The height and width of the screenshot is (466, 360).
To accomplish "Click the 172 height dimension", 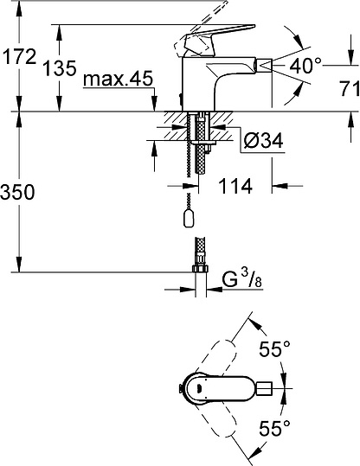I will [x=18, y=58].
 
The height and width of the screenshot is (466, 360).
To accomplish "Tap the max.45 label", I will [x=119, y=80].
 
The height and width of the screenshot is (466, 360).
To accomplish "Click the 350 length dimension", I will [x=18, y=192].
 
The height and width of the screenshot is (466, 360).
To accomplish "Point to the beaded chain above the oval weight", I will [x=190, y=186].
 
